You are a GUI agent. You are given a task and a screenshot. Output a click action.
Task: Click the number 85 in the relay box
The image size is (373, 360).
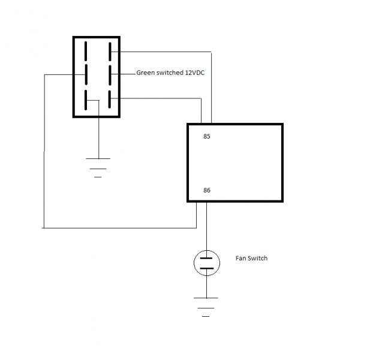tap(207, 136)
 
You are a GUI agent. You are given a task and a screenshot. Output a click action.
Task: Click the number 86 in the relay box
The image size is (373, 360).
tap(207, 190)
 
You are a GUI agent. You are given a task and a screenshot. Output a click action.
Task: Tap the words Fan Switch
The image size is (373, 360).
tap(251, 258)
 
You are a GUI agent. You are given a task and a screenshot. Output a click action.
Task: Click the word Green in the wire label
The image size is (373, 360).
tap(143, 73)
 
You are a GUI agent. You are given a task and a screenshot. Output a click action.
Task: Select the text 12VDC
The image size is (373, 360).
tap(194, 73)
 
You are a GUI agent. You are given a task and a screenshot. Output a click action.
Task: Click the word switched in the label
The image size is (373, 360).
tap(167, 73)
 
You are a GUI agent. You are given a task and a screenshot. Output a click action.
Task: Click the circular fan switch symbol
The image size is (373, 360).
tap(207, 263)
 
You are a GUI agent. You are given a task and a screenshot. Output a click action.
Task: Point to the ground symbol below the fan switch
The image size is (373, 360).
tap(206, 307)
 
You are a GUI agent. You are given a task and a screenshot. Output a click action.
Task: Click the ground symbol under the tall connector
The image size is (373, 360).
tap(98, 168)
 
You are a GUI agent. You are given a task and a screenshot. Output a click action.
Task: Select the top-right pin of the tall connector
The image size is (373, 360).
tap(110, 52)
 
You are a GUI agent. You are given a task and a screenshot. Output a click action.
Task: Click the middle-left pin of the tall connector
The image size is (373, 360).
tap(86, 74)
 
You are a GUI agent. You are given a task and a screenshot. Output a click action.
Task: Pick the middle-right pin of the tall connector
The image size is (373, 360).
tap(110, 75)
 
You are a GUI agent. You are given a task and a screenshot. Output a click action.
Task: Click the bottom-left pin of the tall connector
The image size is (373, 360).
tap(86, 100)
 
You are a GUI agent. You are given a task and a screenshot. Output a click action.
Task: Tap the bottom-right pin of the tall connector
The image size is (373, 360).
tap(109, 99)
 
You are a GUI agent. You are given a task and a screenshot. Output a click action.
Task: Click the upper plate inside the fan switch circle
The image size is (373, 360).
tap(206, 258)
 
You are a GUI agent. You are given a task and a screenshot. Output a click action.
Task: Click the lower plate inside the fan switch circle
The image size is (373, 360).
tap(207, 268)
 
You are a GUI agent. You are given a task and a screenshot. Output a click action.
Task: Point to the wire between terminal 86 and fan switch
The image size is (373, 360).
tap(206, 226)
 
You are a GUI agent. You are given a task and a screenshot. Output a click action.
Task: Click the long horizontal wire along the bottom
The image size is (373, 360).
tap(119, 228)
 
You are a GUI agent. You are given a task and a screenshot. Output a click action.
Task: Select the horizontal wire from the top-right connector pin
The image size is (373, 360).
tap(161, 52)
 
